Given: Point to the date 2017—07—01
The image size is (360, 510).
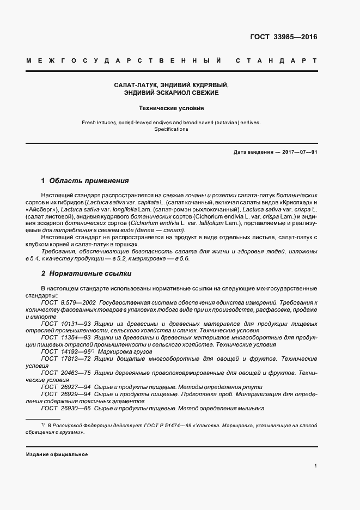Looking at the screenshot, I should (298, 152).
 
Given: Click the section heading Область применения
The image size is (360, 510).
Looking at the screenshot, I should (89, 180).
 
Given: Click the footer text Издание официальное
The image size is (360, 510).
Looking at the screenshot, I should (57, 454).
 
